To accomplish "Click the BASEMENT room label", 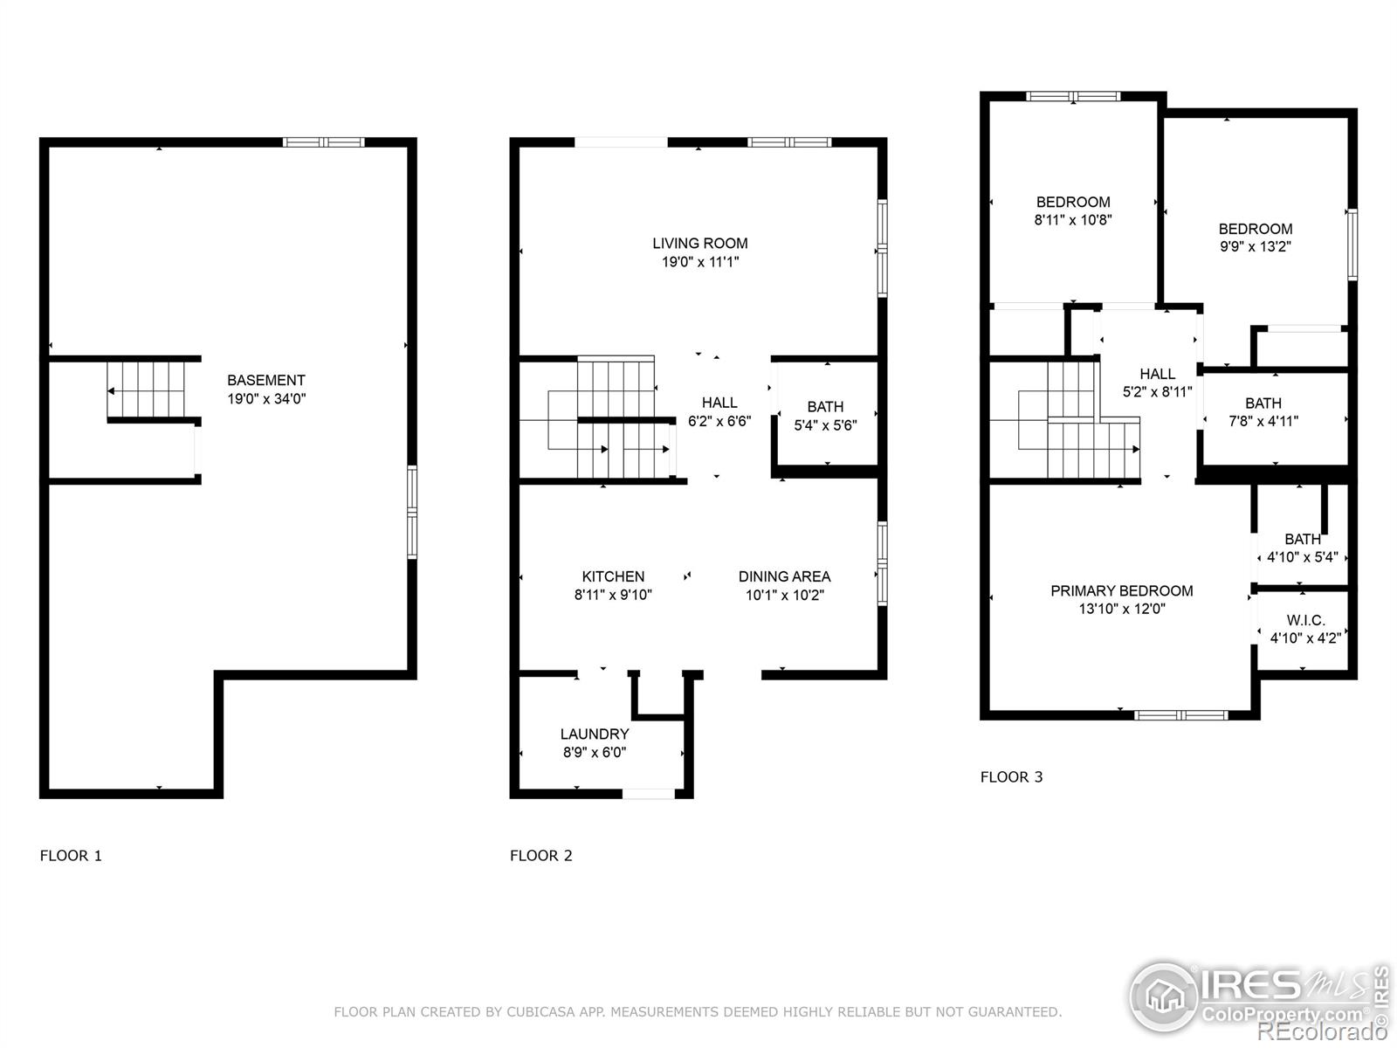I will tap(265, 380).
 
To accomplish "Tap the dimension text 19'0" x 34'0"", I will tap(265, 399).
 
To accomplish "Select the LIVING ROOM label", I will tap(699, 243).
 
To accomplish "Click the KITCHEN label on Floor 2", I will tap(613, 576).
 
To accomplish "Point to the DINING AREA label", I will tap(784, 576).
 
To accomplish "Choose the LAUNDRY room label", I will tap(594, 734).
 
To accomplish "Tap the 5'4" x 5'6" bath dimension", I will tap(825, 425).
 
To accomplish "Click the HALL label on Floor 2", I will tap(719, 403).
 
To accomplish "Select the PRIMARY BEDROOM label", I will tap(1121, 590).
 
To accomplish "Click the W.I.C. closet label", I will tap(1305, 620).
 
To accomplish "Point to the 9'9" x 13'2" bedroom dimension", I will tap(1255, 247).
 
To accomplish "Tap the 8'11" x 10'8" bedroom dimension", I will tap(1072, 220).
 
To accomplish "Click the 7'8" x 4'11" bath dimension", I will tap(1263, 421).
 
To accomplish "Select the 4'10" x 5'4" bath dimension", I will tap(1302, 557).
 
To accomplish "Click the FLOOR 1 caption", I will tap(71, 855).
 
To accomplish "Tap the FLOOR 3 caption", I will tap(1011, 776).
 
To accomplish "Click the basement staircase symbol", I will tap(147, 390).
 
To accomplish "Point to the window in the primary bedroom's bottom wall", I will tap(1180, 715).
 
